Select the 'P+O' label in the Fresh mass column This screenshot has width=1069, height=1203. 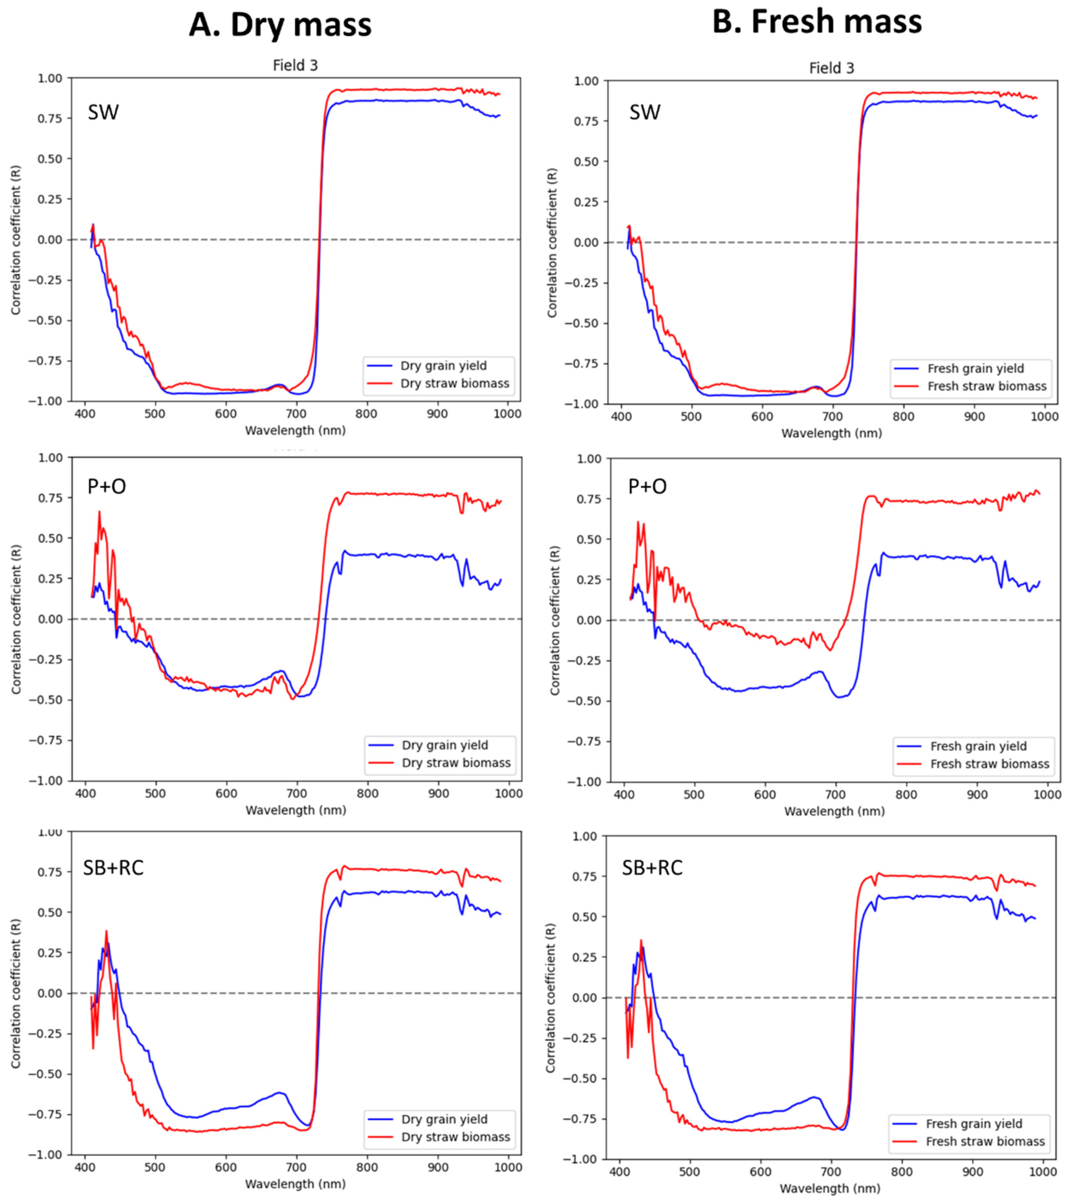pyautogui.click(x=647, y=486)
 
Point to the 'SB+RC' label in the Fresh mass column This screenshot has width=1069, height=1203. pyautogui.click(x=652, y=868)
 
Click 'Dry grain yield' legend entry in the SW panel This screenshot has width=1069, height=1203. pyautogui.click(x=443, y=365)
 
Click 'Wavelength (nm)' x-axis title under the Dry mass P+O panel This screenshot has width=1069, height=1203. pyautogui.click(x=296, y=811)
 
